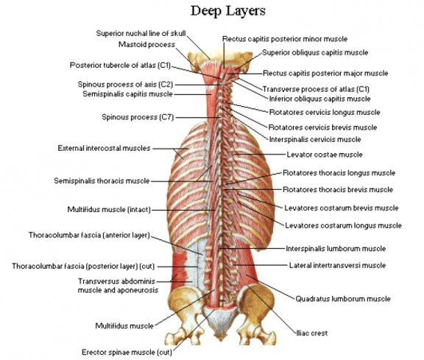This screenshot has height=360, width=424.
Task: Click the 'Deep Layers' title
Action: coord(228,11)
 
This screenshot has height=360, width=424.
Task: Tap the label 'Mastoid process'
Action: coord(146,44)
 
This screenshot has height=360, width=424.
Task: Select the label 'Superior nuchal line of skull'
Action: coord(141,33)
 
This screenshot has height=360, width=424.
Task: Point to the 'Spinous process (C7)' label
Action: coord(138,117)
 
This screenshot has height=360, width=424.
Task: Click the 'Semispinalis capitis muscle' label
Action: coord(127,93)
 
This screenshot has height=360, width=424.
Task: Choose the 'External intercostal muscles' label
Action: coord(104,148)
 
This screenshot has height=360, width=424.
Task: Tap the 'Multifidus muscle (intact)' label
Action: coord(109,210)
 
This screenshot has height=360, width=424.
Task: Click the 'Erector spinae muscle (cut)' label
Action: coord(127,352)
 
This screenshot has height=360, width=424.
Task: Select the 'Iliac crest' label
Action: coord(312,333)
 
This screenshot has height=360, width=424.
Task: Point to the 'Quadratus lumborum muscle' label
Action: coord(343,299)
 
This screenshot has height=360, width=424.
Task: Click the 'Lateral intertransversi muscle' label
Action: coord(337,265)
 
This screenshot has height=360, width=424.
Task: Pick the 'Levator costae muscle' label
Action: coord(325,155)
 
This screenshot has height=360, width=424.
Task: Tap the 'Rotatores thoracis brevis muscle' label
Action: coord(338,190)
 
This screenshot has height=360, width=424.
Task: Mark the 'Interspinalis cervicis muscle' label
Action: coord(315,140)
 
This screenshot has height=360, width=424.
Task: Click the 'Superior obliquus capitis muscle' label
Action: coord(315,52)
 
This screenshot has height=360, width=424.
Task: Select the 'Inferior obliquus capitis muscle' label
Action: coord(320,99)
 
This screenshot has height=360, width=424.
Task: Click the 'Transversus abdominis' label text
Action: coord(117,281)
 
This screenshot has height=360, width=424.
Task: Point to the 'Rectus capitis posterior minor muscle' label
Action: coord(285,39)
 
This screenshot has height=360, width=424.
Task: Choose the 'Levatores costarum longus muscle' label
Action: coord(344,225)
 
